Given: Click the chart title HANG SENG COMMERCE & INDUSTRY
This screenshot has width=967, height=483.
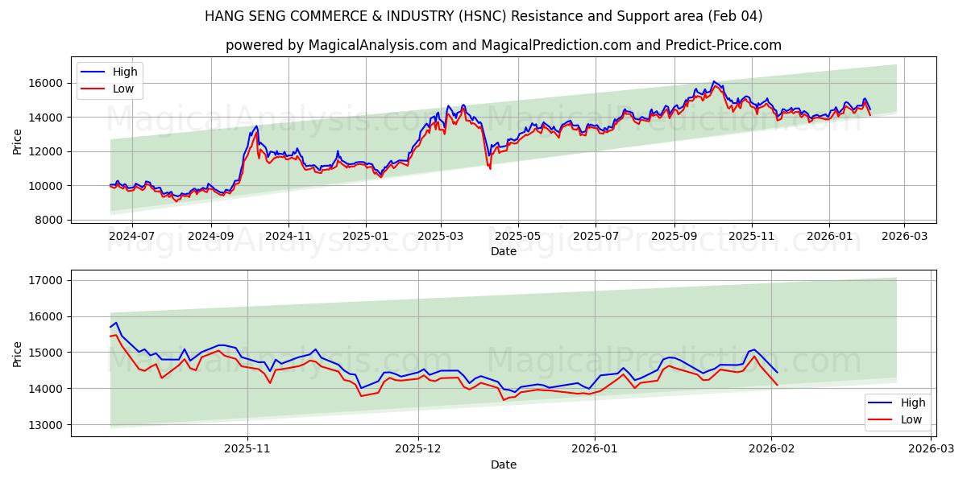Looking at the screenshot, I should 483,16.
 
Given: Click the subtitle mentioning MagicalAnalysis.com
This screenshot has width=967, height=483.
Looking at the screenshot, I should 504,45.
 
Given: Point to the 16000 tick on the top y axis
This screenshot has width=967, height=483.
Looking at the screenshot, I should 47,83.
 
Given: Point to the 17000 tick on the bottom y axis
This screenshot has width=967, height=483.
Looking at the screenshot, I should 47,280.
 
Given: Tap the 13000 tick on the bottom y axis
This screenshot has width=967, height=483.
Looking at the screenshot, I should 47,424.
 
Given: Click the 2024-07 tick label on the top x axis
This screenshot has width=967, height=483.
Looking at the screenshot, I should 131,236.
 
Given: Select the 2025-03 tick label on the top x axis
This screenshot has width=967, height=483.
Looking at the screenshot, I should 441,236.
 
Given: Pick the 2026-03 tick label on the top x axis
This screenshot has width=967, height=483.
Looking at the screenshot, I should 903,236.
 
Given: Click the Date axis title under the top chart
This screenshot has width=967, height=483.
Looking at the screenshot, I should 504,251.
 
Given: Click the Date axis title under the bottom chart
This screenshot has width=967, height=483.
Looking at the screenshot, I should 504,464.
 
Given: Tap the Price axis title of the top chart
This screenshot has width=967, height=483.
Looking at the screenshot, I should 18,141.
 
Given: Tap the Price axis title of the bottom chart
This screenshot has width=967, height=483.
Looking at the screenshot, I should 18,353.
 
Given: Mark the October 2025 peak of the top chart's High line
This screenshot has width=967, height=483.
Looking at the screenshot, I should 713,81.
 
